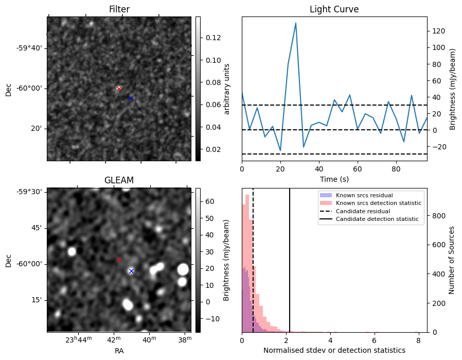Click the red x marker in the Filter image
[x=119, y=89]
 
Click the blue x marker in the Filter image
[x=131, y=98]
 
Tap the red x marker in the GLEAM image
[x=119, y=260]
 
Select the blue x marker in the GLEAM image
[x=131, y=271]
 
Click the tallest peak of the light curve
[x=296, y=23]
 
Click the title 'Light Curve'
[x=334, y=9]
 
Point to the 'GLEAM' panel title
[x=119, y=180]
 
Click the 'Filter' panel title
[x=119, y=9]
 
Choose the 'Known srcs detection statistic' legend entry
[x=378, y=203]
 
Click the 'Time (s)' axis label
[x=334, y=179]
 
